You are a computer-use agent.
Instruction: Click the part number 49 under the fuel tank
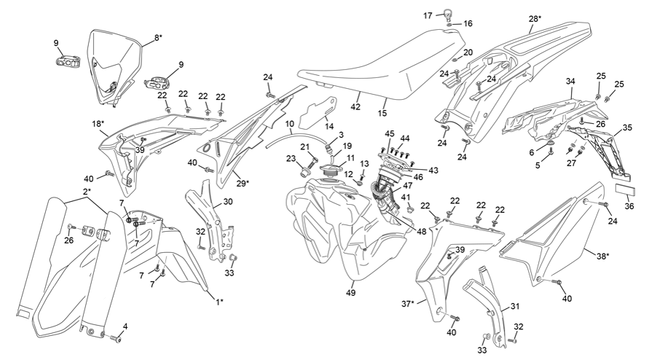pyautogui.click(x=351, y=293)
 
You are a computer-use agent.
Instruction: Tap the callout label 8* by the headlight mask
pyautogui.click(x=157, y=36)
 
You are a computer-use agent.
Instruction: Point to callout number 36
pyautogui.click(x=629, y=206)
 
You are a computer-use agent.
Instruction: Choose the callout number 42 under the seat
pyautogui.click(x=356, y=106)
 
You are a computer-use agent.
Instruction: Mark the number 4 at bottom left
pyautogui.click(x=125, y=326)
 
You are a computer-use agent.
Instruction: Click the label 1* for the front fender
pyautogui.click(x=219, y=300)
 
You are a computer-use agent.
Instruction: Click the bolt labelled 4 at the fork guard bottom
pyautogui.click(x=115, y=337)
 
